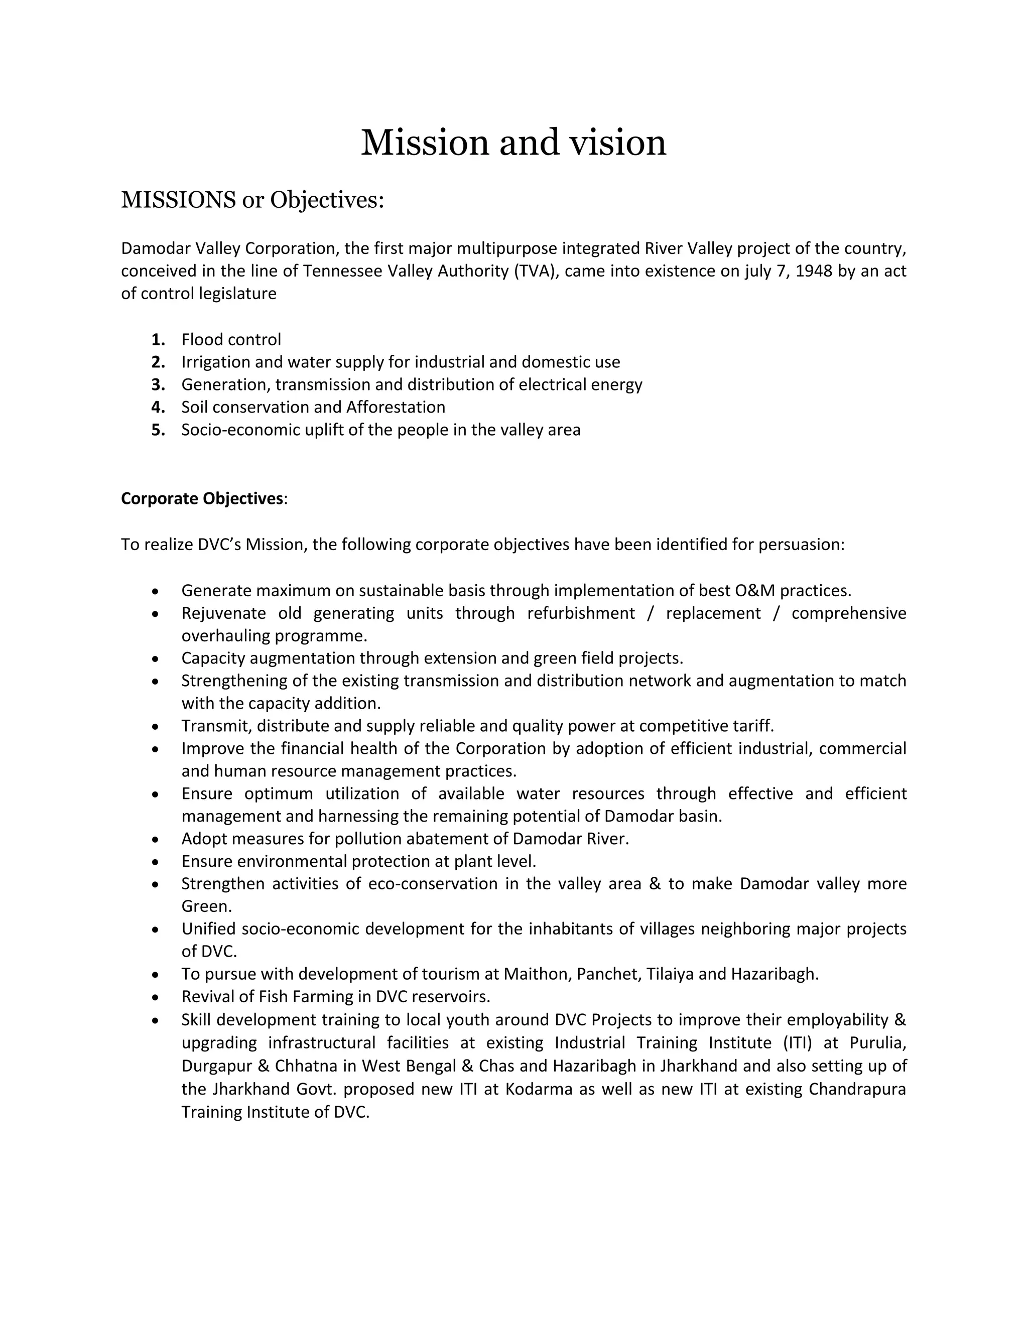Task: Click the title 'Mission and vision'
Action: [x=513, y=143]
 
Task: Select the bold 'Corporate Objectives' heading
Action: [x=202, y=498]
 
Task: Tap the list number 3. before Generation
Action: [x=158, y=384]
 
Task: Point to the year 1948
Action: [x=814, y=271]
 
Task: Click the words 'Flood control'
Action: [x=231, y=339]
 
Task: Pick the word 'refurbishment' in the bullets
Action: [x=580, y=613]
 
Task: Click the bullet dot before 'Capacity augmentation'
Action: [x=156, y=658]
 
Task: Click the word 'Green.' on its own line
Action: [x=206, y=905]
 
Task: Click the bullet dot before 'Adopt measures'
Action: [x=156, y=839]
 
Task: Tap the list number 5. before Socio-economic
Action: [x=158, y=430]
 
